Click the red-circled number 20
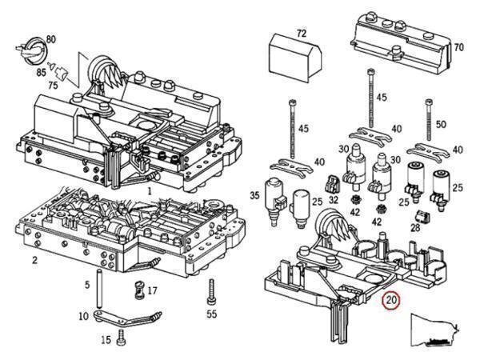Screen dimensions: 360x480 pyautogui.click(x=391, y=301)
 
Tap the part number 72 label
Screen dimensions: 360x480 pyautogui.click(x=301, y=34)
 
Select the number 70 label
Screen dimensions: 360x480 pyautogui.click(x=458, y=47)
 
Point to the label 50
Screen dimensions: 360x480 pyautogui.click(x=439, y=124)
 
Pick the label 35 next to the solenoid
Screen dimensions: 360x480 pyautogui.click(x=255, y=194)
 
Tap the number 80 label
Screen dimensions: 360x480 pyautogui.click(x=51, y=38)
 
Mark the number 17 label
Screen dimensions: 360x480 pyautogui.click(x=152, y=290)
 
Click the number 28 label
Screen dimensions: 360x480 pyautogui.click(x=415, y=228)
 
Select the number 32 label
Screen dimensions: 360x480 pyautogui.click(x=333, y=199)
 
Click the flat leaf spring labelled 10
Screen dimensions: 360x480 pyautogui.click(x=128, y=319)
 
